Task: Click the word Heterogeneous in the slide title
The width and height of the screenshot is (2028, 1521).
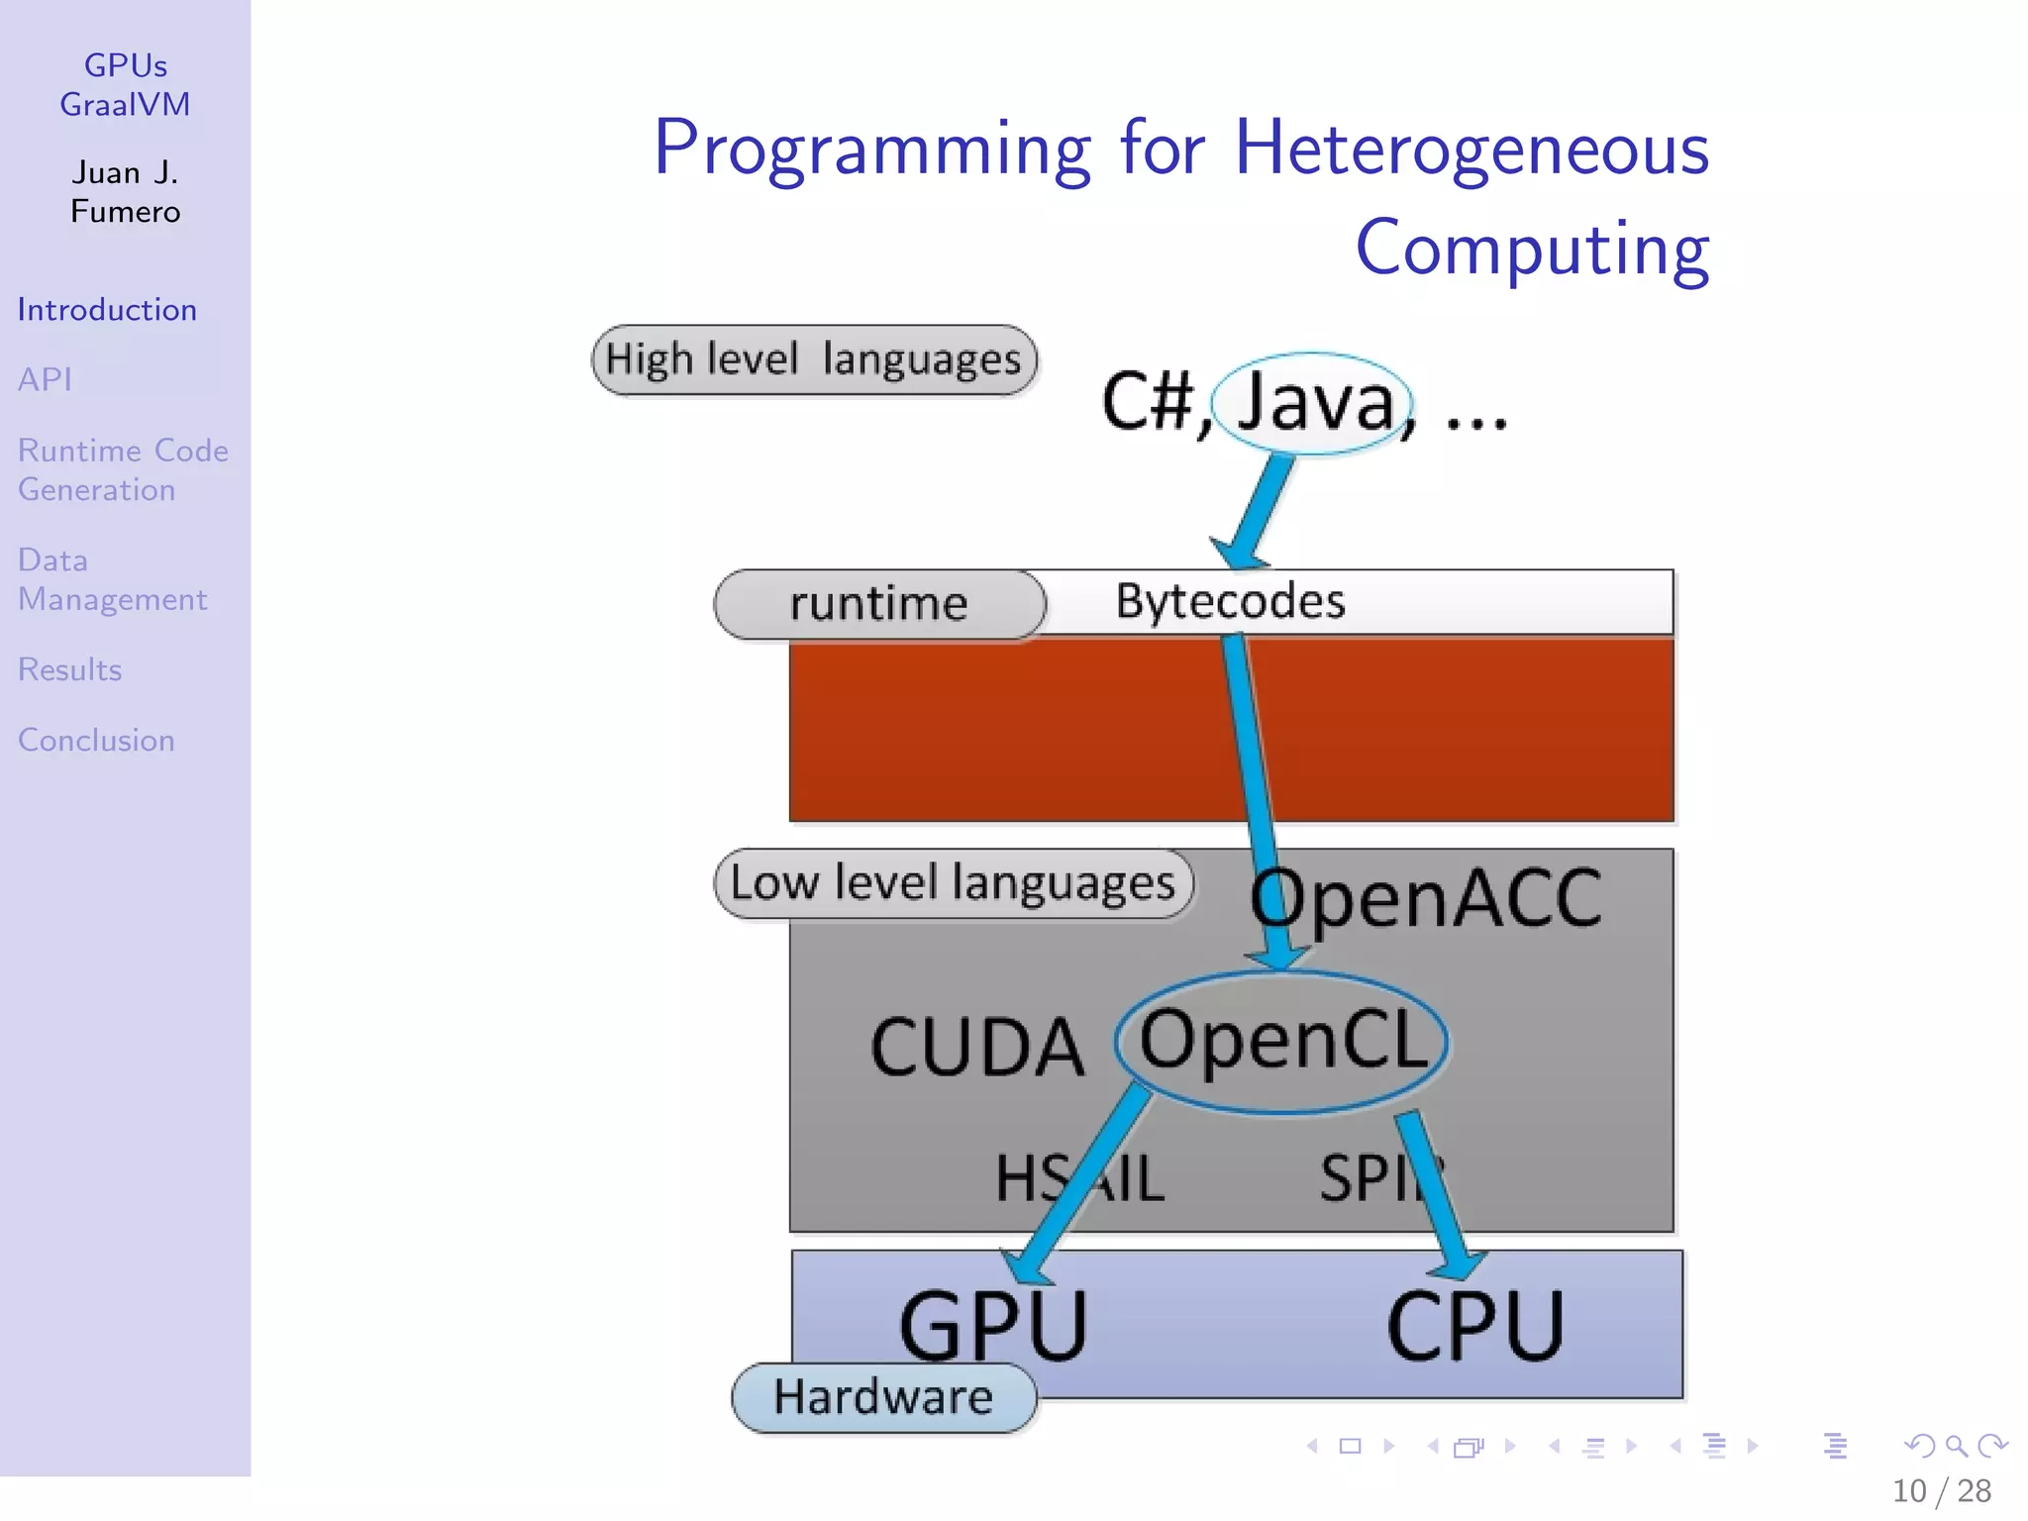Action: pyautogui.click(x=1471, y=149)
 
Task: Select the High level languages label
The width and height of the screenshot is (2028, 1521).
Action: pyautogui.click(x=813, y=359)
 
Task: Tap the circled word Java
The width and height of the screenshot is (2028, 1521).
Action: pyautogui.click(x=1313, y=402)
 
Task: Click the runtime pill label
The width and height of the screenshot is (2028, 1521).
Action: pyautogui.click(x=878, y=603)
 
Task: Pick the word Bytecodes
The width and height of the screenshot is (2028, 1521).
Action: pyautogui.click(x=1230, y=601)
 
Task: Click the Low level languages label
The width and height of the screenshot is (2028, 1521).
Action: pyautogui.click(x=952, y=882)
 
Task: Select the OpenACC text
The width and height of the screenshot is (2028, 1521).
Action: pyautogui.click(x=1426, y=898)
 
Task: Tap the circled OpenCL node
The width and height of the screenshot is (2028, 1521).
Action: pyautogui.click(x=1282, y=1041)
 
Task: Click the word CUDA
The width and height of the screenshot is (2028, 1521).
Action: pyautogui.click(x=976, y=1048)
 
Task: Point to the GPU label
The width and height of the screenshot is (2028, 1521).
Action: pyautogui.click(x=992, y=1326)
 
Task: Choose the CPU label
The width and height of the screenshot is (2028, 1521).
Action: pyautogui.click(x=1474, y=1326)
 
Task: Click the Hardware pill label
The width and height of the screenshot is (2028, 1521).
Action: pyautogui.click(x=882, y=1397)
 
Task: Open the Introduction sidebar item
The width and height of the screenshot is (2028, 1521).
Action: pyautogui.click(x=107, y=310)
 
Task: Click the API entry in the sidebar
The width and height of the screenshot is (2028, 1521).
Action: pyautogui.click(x=45, y=379)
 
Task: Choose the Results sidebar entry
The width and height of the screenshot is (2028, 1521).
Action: pyautogui.click(x=69, y=669)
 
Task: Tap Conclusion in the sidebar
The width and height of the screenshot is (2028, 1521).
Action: pyautogui.click(x=96, y=740)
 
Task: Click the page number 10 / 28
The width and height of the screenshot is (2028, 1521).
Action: pyautogui.click(x=1941, y=1490)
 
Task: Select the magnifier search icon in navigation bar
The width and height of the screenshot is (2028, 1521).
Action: pyautogui.click(x=1956, y=1447)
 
